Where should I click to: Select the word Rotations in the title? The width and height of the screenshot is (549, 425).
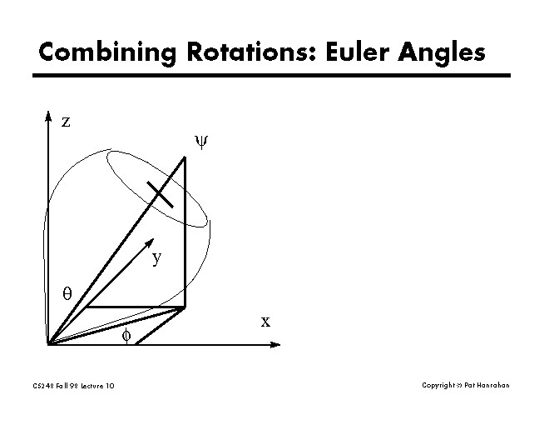234,52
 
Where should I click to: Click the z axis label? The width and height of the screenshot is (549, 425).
66,122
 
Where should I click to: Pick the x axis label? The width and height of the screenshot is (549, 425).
265,321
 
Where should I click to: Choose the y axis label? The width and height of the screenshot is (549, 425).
156,258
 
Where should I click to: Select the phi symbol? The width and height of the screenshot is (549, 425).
126,334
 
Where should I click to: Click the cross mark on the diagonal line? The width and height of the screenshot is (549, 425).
160,193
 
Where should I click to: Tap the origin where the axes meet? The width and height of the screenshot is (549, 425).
49,342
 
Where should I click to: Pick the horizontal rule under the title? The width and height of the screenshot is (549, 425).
271,76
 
